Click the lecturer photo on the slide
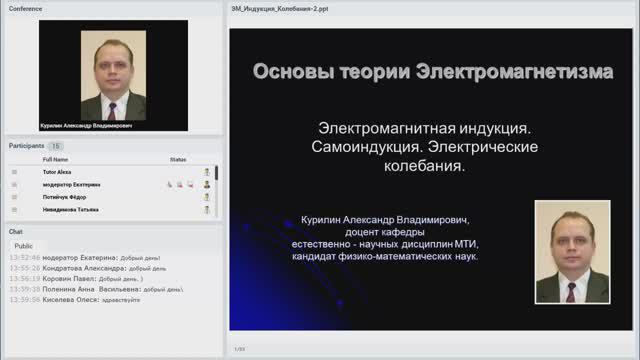[x=572, y=251]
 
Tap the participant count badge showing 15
[x=56, y=146]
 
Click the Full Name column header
[x=55, y=159]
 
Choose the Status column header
[x=178, y=159]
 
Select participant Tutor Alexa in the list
[x=57, y=172]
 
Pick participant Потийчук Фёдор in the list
[x=65, y=196]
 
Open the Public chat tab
[x=23, y=245]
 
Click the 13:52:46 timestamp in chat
[x=24, y=258]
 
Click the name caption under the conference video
[x=86, y=126]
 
